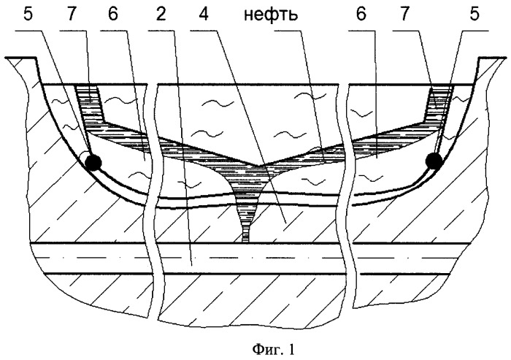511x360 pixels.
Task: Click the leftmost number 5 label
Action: click(x=28, y=15)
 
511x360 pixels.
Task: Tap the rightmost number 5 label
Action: click(x=475, y=15)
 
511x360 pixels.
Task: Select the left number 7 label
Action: click(x=72, y=15)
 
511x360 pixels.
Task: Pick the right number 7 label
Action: click(x=404, y=15)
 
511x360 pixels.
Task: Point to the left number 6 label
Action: click(x=112, y=15)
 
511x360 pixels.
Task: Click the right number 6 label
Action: click(x=361, y=15)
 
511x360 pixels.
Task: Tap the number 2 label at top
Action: click(x=161, y=15)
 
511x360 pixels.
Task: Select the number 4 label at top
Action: click(x=204, y=15)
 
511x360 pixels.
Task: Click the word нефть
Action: click(x=271, y=15)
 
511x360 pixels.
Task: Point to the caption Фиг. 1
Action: click(x=273, y=350)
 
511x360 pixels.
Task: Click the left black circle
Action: click(x=93, y=161)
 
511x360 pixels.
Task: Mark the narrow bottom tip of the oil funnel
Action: click(x=245, y=241)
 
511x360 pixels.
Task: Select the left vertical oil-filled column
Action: click(x=89, y=105)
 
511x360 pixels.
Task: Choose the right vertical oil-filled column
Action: click(x=438, y=105)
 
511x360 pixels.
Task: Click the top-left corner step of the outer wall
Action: click(x=36, y=58)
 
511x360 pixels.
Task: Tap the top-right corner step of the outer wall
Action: click(x=479, y=58)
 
